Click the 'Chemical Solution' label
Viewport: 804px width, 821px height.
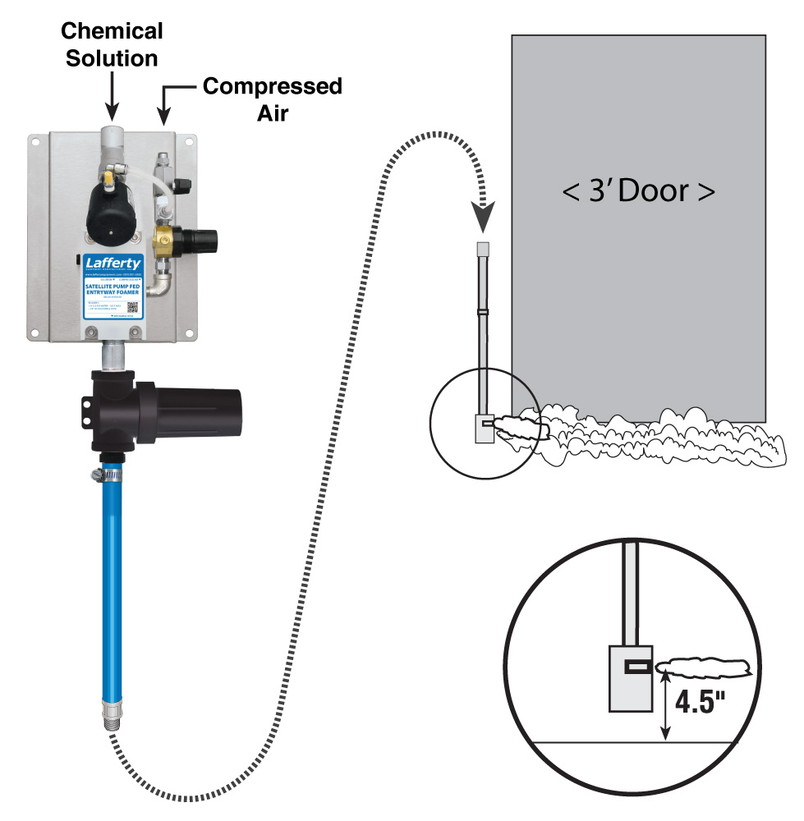pos(113,45)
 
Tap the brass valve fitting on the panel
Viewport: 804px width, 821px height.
pos(168,242)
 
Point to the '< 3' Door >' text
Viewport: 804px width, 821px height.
pos(638,192)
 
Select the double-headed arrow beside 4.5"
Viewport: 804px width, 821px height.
pos(665,706)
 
